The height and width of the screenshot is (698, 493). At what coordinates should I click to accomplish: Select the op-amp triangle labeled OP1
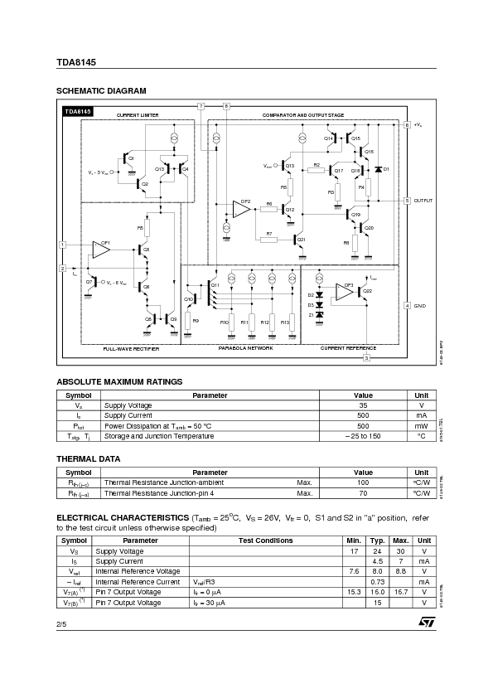pyautogui.click(x=103, y=248)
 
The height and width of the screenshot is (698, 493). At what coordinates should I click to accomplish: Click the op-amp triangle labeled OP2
pyautogui.click(x=242, y=209)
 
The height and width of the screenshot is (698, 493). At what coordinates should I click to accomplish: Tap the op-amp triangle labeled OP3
pyautogui.click(x=346, y=292)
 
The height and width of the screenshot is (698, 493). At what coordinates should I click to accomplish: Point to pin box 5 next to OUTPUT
pyautogui.click(x=407, y=201)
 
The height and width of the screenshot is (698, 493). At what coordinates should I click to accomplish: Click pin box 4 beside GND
pyautogui.click(x=407, y=306)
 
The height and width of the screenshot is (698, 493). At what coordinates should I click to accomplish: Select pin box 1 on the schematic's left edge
pyautogui.click(x=62, y=245)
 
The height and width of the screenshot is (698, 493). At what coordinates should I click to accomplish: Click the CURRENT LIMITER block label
pyautogui.click(x=138, y=114)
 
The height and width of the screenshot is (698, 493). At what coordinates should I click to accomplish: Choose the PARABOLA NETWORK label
pyautogui.click(x=245, y=348)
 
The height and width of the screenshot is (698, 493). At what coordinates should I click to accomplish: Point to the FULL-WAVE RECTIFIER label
pyautogui.click(x=131, y=349)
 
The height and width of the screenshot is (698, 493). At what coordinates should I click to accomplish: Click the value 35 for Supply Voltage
pyautogui.click(x=363, y=405)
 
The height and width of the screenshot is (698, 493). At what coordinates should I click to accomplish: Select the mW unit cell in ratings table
pyautogui.click(x=421, y=425)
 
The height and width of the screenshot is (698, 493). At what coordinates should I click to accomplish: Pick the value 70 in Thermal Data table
pyautogui.click(x=363, y=493)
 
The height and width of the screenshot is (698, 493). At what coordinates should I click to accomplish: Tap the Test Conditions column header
pyautogui.click(x=265, y=540)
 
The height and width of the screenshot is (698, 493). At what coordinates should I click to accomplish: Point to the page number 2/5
pyautogui.click(x=61, y=622)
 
